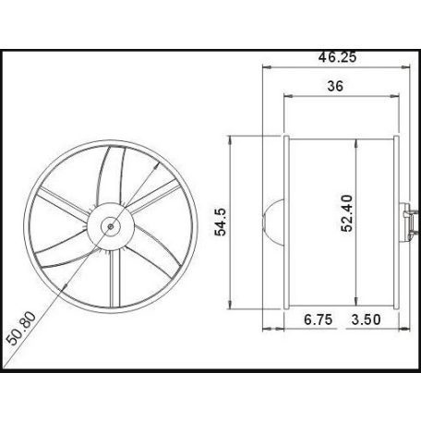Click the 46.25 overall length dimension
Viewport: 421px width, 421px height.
[x=334, y=56]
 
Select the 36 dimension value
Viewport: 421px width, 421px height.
[x=337, y=86]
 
